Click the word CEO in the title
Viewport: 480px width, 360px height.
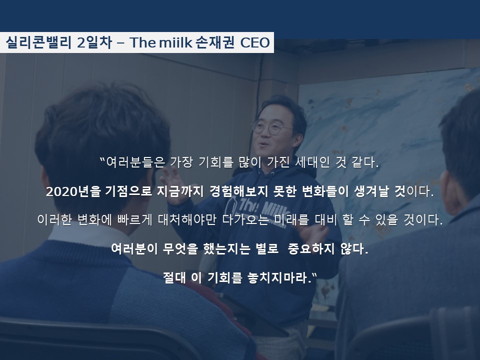(255, 42)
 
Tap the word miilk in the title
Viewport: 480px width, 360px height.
(175, 42)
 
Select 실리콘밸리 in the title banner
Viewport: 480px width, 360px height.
(38, 42)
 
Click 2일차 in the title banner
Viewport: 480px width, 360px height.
(94, 42)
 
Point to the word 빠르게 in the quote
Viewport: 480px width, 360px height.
(135, 219)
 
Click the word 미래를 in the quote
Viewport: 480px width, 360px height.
(291, 219)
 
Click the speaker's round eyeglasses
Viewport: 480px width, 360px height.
(271, 127)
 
